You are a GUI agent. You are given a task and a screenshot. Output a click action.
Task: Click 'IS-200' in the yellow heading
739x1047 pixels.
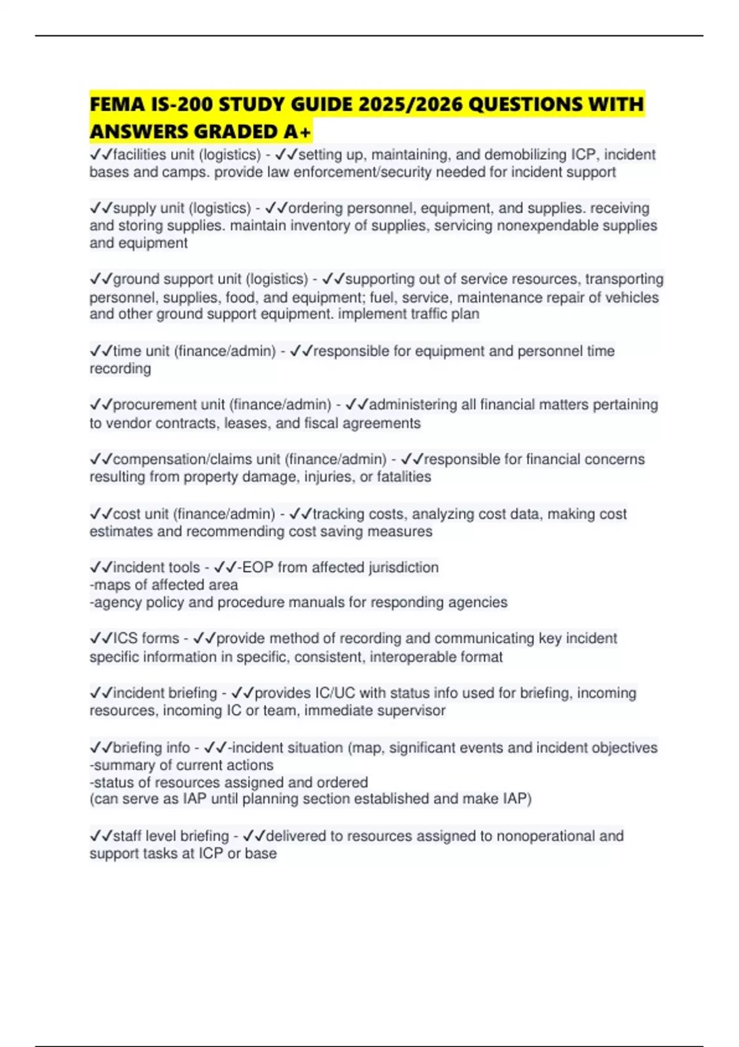(x=179, y=105)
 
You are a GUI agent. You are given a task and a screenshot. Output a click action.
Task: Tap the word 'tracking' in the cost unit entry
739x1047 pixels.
(x=339, y=514)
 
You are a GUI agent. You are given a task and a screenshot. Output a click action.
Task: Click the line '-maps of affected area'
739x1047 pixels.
(x=164, y=584)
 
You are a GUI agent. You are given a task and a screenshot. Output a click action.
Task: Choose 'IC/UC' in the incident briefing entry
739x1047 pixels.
(x=335, y=693)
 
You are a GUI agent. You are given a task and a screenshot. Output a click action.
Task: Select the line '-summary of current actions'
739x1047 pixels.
(x=182, y=765)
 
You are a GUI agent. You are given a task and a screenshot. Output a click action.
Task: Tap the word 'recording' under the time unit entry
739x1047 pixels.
(x=120, y=368)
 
